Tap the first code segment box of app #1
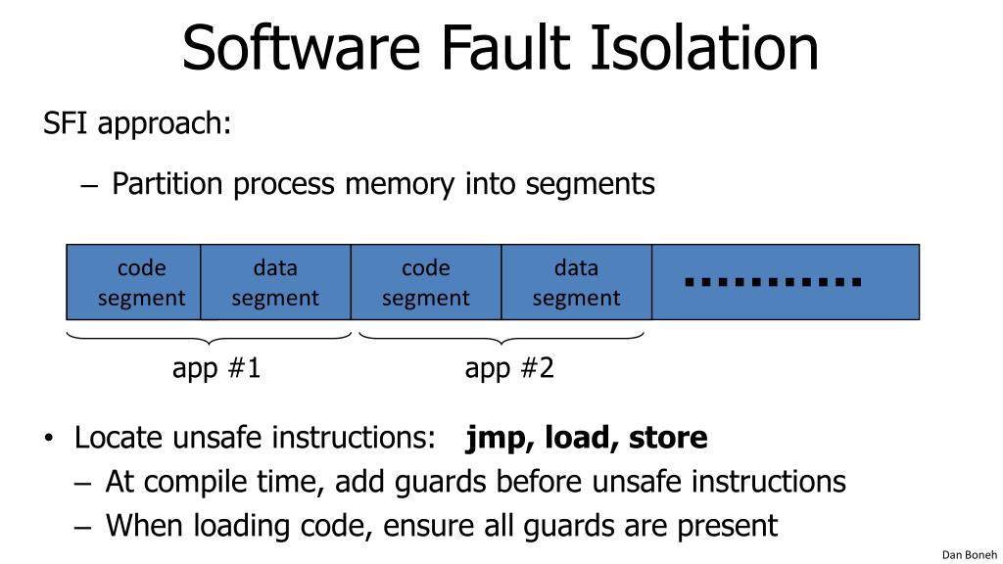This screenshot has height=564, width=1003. click(133, 282)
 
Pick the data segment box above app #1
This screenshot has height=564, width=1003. click(275, 282)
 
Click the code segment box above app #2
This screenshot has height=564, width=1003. click(426, 282)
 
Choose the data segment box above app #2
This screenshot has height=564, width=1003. click(576, 282)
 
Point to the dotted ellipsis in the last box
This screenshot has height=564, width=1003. click(773, 283)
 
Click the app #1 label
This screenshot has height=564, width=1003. click(216, 369)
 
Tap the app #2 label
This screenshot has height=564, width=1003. click(509, 369)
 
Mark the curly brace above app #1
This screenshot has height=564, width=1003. click(209, 338)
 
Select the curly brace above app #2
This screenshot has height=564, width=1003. click(501, 338)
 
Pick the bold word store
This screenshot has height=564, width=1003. click(668, 438)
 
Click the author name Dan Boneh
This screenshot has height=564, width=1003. click(969, 554)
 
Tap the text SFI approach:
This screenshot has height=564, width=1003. click(137, 124)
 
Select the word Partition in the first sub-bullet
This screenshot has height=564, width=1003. click(168, 183)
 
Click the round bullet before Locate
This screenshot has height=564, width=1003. click(50, 438)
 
